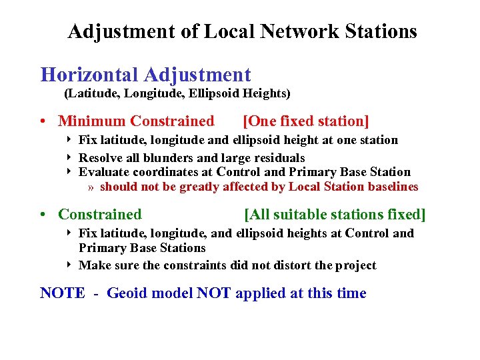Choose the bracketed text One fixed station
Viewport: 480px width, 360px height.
[306, 121]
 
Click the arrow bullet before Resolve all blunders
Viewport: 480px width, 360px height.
[70, 158]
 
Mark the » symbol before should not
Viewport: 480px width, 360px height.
[91, 187]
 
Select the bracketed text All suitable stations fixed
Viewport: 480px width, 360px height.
[335, 215]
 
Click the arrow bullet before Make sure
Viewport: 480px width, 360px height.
[70, 265]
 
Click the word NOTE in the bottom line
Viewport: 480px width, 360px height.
[63, 293]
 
